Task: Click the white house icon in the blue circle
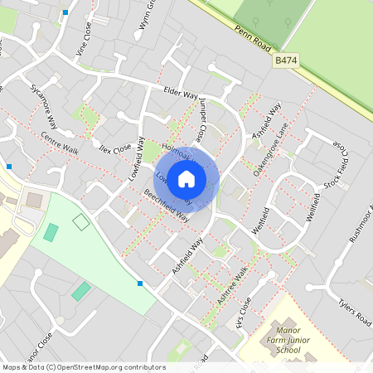coord(186,179)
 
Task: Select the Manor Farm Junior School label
coord(289,340)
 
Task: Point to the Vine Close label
coord(85,38)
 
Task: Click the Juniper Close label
coord(201,120)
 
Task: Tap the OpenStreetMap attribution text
coord(73,367)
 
